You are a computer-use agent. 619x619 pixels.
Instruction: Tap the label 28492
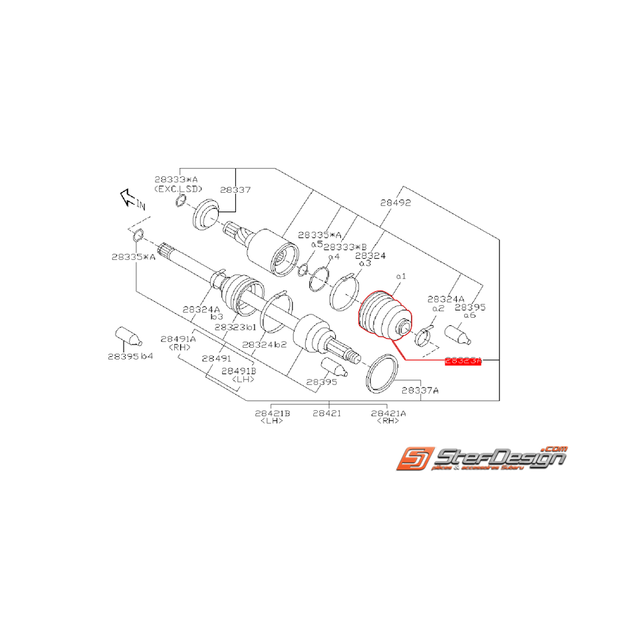point(396,203)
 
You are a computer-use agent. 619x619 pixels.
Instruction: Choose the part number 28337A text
point(420,390)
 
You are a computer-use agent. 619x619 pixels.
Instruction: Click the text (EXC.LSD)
point(178,189)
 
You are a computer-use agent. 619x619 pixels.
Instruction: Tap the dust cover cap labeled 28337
point(205,216)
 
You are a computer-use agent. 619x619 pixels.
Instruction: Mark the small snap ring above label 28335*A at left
point(138,235)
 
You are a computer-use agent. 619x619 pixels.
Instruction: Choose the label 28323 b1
point(235,327)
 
